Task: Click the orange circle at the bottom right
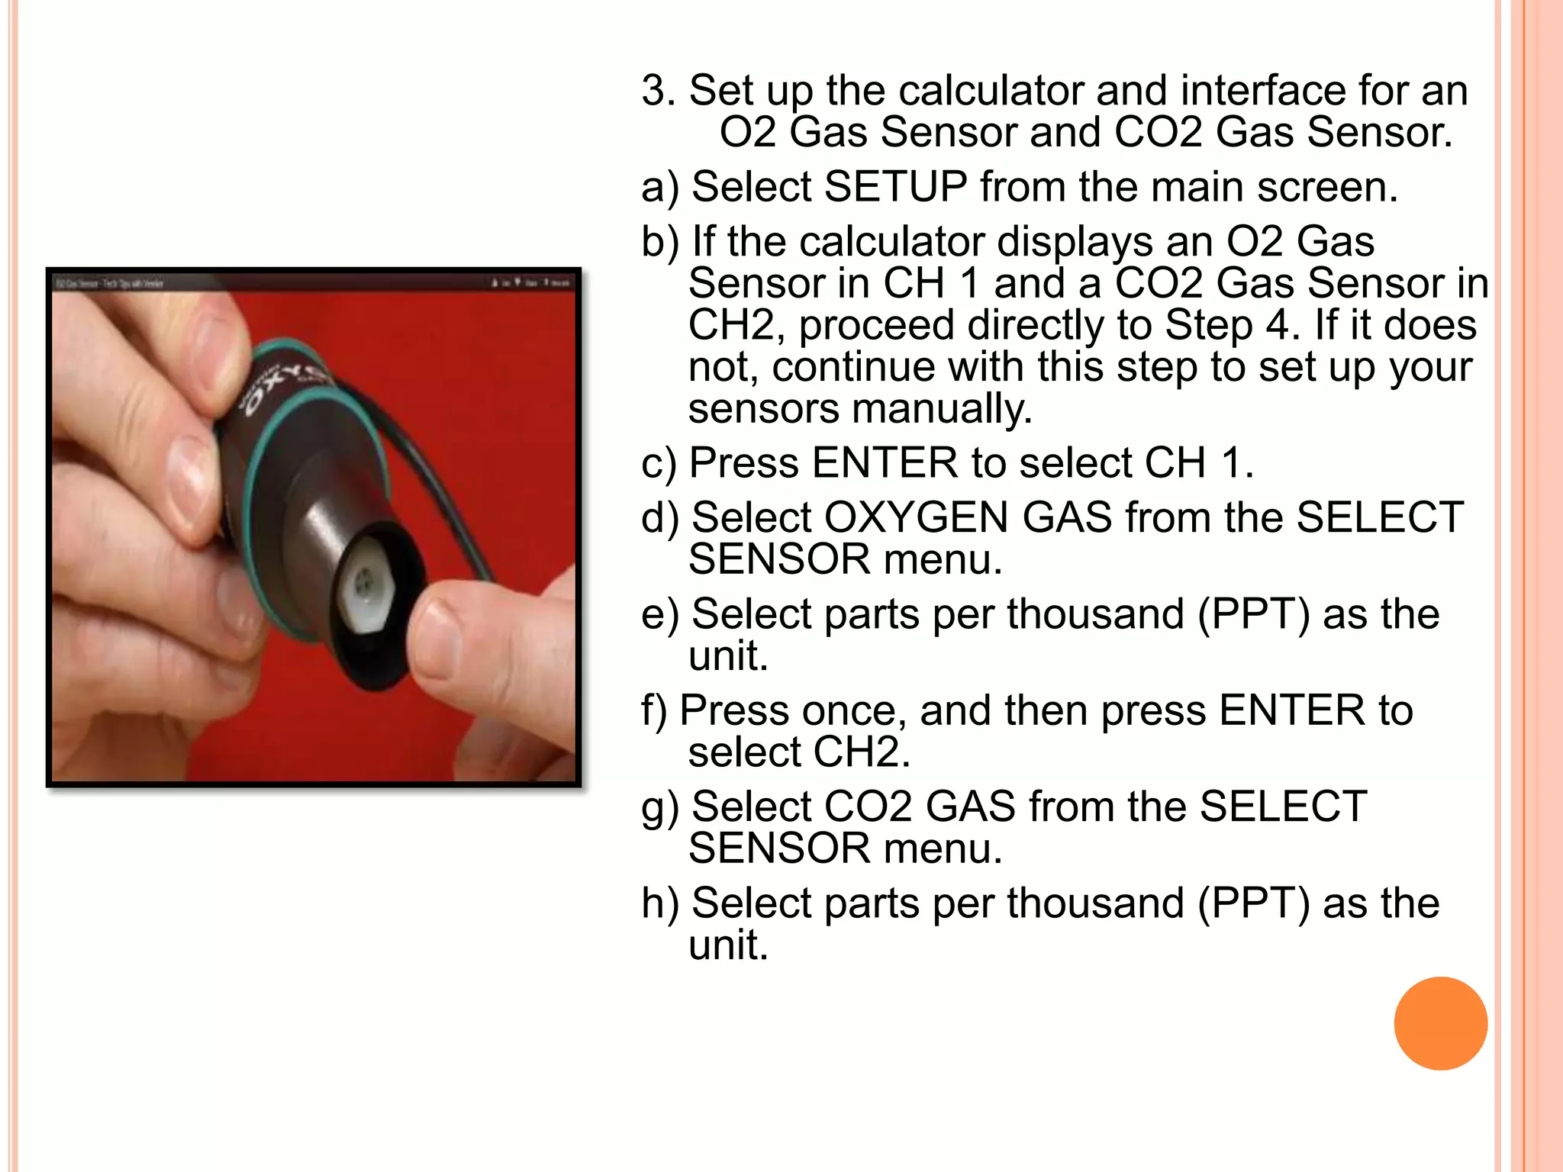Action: pyautogui.click(x=1440, y=1023)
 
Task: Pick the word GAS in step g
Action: pyautogui.click(x=970, y=807)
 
